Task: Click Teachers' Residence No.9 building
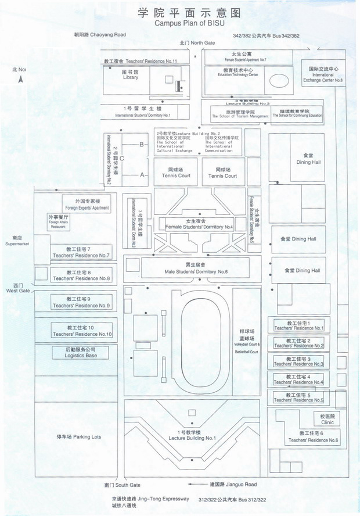coord(81,302)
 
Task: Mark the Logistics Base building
coord(81,352)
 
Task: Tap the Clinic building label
coord(327,420)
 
